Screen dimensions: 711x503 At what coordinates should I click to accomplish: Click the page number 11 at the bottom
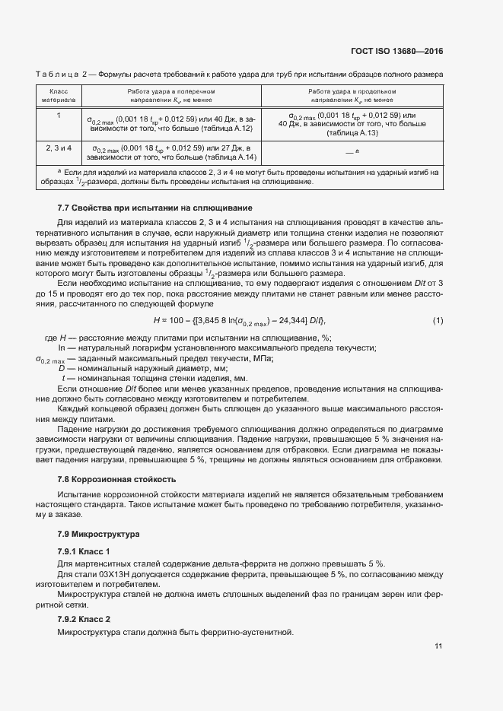coord(438,646)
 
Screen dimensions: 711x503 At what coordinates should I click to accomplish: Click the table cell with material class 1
coord(58,115)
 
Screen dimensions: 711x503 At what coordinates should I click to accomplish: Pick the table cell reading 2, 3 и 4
coord(58,146)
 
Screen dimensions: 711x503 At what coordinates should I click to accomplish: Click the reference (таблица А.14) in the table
coord(228,157)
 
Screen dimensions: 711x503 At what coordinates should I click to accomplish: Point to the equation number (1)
coord(438,319)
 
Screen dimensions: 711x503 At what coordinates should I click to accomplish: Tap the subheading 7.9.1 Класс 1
coord(84,551)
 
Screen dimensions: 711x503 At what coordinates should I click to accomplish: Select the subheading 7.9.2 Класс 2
coord(84,618)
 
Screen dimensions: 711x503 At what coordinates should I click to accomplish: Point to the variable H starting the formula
coord(156,319)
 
